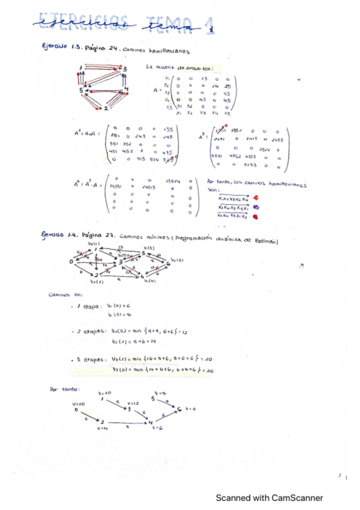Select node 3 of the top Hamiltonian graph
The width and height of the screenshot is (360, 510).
(125, 69)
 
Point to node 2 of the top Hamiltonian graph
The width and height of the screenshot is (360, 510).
(106, 108)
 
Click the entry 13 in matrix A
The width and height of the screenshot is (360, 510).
(205, 79)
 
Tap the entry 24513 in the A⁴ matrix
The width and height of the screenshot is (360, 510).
(149, 188)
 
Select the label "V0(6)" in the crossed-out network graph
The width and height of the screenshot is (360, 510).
(177, 260)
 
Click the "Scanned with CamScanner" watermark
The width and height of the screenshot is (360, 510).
(269, 497)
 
